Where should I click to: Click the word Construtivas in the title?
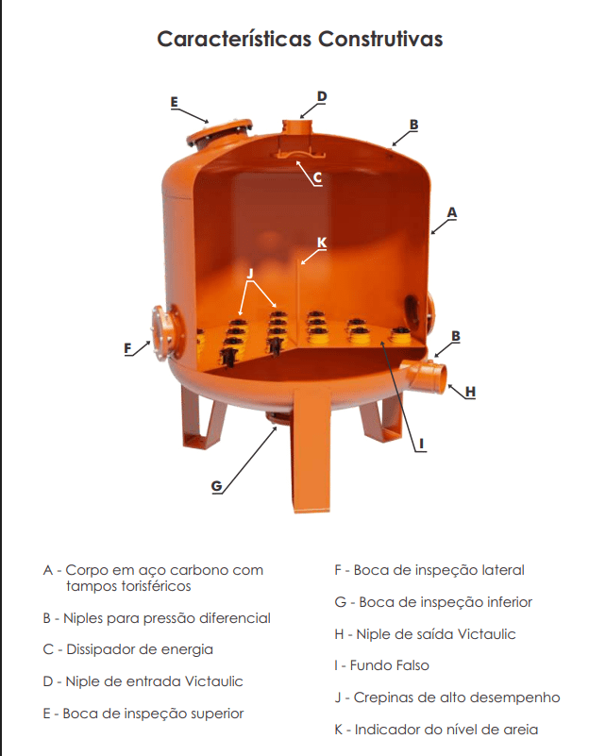click(x=379, y=39)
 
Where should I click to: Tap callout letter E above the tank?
click(x=175, y=102)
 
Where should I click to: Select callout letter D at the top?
click(x=322, y=96)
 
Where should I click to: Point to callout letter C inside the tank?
click(x=317, y=178)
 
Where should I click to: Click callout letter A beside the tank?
click(x=451, y=212)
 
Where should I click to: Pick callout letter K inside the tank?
click(x=322, y=243)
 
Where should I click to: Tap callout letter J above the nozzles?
click(x=250, y=274)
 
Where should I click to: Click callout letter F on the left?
click(x=127, y=348)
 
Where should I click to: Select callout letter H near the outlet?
click(x=470, y=392)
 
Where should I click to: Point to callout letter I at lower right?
click(x=422, y=444)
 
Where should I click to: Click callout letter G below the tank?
click(x=217, y=485)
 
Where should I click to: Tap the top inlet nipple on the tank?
click(x=298, y=126)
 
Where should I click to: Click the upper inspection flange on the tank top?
click(x=219, y=133)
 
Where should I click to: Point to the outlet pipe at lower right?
click(x=423, y=376)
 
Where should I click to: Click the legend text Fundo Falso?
click(x=390, y=665)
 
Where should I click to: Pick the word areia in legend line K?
click(x=520, y=730)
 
